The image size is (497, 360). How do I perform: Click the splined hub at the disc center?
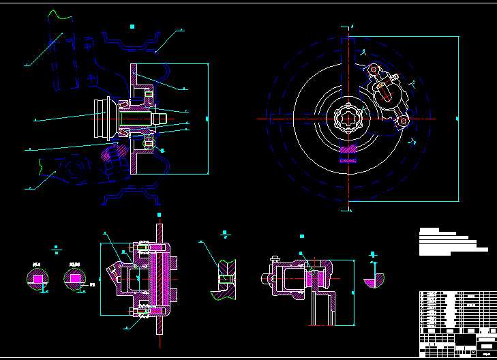point(349,119)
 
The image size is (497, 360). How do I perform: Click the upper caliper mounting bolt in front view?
point(373,70)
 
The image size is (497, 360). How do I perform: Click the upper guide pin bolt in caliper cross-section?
point(144,245)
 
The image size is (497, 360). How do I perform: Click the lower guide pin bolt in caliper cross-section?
point(144,314)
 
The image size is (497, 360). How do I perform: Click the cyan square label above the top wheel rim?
point(132,27)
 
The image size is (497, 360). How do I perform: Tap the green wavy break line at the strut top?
point(58,14)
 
